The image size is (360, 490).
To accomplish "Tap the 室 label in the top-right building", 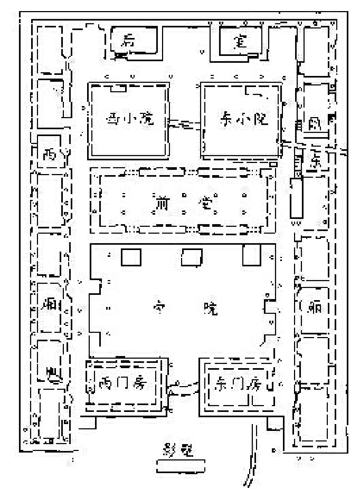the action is tap(241, 42).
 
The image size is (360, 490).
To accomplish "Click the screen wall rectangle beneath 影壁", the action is tap(181, 465).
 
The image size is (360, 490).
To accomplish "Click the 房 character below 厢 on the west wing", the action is tap(51, 372).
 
